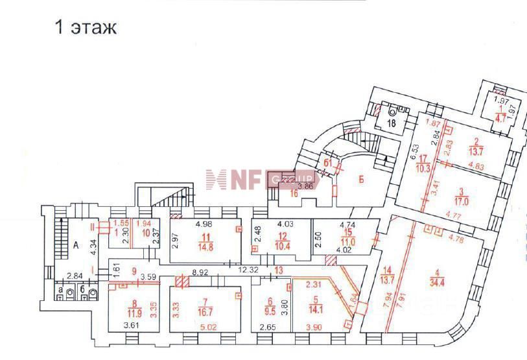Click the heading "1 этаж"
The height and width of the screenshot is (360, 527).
pos(86,28)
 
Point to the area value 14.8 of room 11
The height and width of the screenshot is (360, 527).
pos(206,245)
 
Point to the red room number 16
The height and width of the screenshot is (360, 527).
pos(294,193)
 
